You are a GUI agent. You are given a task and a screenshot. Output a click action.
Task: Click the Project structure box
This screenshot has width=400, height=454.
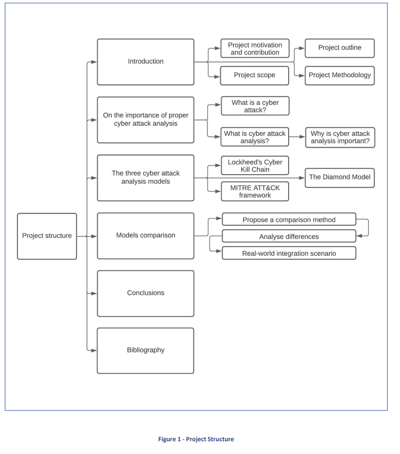click(x=47, y=236)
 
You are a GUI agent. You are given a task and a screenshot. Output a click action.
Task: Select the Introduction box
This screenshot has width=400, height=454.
click(x=146, y=62)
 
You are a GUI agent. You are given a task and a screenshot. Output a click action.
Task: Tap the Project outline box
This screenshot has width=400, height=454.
click(x=340, y=48)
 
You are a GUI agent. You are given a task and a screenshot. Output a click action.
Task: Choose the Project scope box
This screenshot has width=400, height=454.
click(x=254, y=76)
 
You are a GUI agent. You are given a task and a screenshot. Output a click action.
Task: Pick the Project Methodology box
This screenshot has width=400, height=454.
click(x=340, y=76)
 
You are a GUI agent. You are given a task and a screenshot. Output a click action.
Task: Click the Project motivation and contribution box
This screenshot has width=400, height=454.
click(x=255, y=49)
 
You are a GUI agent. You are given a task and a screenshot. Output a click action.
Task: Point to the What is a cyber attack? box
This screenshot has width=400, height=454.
click(x=255, y=106)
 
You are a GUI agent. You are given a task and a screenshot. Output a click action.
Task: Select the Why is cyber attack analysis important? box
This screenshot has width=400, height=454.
click(x=340, y=137)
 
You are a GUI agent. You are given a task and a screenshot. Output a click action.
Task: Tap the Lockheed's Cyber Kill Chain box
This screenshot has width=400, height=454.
click(x=255, y=165)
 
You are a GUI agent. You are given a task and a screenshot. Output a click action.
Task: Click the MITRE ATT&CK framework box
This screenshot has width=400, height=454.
click(x=255, y=192)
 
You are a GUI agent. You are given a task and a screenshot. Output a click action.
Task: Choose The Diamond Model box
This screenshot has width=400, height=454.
click(x=340, y=178)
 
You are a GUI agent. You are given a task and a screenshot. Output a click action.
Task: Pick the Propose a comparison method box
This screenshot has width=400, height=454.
click(x=289, y=219)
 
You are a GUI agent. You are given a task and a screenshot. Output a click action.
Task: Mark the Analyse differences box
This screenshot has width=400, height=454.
click(x=289, y=236)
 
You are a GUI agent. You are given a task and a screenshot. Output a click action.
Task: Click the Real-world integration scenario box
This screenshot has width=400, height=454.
click(x=289, y=253)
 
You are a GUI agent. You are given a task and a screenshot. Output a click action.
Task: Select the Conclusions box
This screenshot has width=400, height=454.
click(x=146, y=294)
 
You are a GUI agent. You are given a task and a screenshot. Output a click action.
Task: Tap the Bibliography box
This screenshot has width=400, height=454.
click(x=146, y=351)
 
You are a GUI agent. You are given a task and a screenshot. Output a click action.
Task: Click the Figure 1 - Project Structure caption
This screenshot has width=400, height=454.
click(x=196, y=439)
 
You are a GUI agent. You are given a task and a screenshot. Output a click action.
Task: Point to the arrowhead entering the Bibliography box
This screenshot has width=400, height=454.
click(x=94, y=351)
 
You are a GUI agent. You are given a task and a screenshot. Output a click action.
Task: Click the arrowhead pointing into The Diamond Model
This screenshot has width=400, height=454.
click(x=302, y=178)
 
